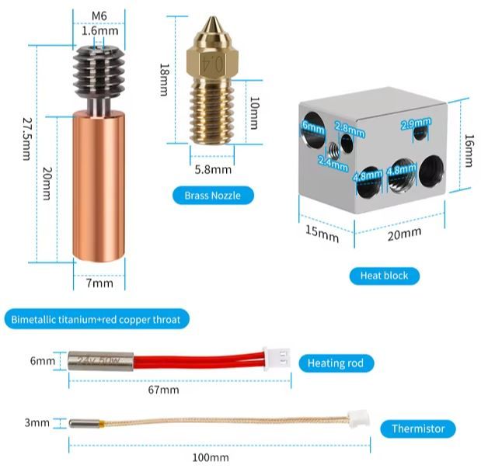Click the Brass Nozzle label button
click(213, 196)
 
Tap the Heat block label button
click(384, 275)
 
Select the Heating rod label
click(336, 363)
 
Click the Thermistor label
click(418, 429)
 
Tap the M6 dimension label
click(99, 16)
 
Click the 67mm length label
click(163, 390)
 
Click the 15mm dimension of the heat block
click(322, 232)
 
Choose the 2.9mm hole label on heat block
click(415, 123)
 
